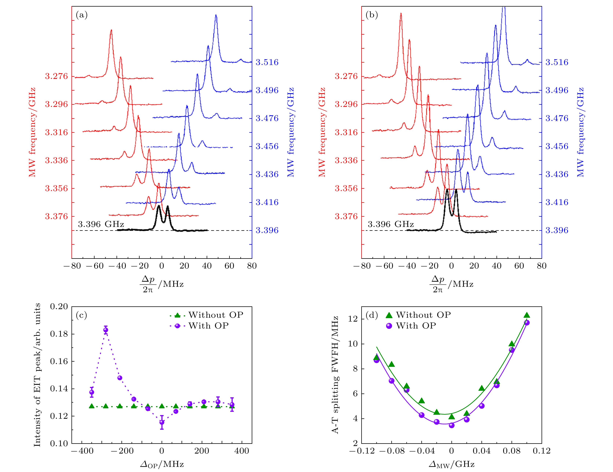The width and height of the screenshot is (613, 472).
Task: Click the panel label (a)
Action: (82, 15)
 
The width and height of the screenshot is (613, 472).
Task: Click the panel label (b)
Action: (372, 15)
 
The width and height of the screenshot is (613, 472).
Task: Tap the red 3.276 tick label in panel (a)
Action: (56, 76)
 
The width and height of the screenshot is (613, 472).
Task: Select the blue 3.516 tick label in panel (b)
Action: (557, 62)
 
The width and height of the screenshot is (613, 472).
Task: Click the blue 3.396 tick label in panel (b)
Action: (557, 231)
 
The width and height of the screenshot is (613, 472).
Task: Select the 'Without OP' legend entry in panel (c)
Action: (206, 315)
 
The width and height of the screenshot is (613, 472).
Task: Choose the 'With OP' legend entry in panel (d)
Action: (411, 326)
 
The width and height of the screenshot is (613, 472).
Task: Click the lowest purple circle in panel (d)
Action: (452, 425)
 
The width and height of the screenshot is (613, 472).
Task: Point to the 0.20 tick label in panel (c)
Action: (59, 307)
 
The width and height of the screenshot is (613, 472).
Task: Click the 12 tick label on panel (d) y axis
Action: (353, 319)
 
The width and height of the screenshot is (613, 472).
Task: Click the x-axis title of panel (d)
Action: (452, 464)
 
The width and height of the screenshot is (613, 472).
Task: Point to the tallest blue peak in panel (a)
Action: (216, 15)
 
